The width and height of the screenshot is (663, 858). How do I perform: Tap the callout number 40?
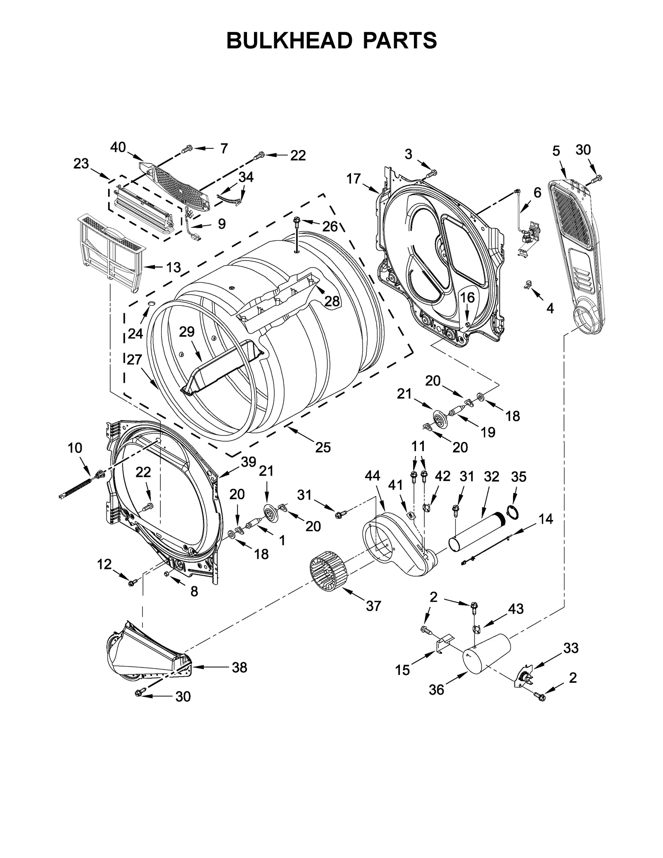pos(118,147)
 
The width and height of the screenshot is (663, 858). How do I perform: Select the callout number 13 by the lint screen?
pos(173,267)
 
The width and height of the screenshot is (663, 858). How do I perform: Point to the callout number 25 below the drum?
pos(323,447)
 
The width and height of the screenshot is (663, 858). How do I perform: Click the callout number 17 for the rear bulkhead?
pos(353,179)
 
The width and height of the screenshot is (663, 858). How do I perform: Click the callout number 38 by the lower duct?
pos(239,667)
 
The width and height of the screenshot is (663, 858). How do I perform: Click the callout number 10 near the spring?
pos(75,448)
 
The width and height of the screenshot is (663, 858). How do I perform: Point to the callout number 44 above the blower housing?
pos(372,476)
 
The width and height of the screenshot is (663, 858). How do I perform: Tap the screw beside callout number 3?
pos(433,172)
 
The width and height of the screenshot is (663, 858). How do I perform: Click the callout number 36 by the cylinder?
pos(436,689)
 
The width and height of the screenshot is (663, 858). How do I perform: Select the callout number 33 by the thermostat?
pos(571,648)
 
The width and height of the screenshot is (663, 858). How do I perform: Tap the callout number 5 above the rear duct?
pos(556,151)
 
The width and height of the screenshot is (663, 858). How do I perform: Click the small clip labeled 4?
pos(528,285)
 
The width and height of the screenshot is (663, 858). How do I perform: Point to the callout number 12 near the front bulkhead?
pos(104,564)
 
